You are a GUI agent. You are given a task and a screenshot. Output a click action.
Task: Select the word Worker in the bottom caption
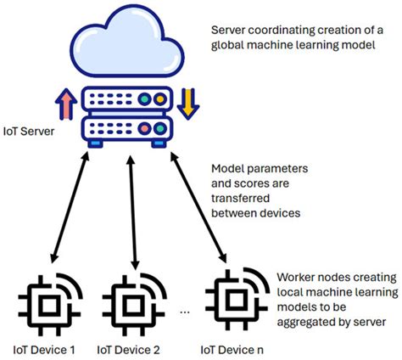click(x=296, y=277)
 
